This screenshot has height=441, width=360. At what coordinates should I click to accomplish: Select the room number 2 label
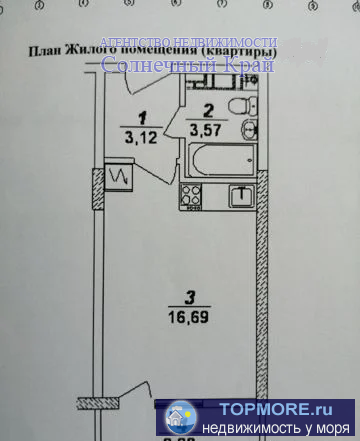(207, 111)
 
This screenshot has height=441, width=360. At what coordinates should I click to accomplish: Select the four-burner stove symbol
(191, 197)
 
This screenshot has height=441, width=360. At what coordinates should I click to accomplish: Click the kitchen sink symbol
(239, 196)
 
